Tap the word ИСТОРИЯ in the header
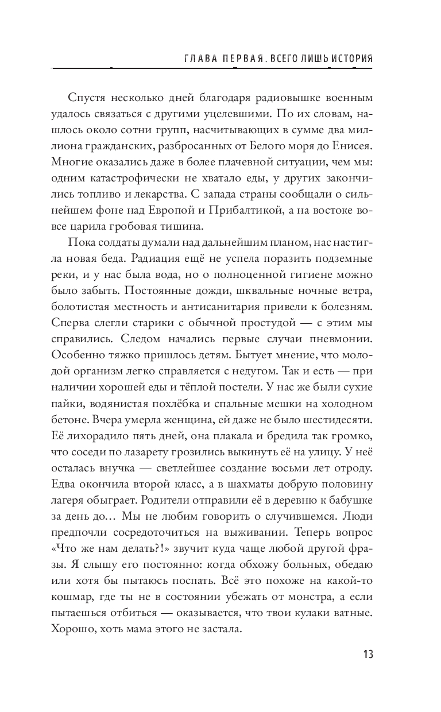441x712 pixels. (349, 59)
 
